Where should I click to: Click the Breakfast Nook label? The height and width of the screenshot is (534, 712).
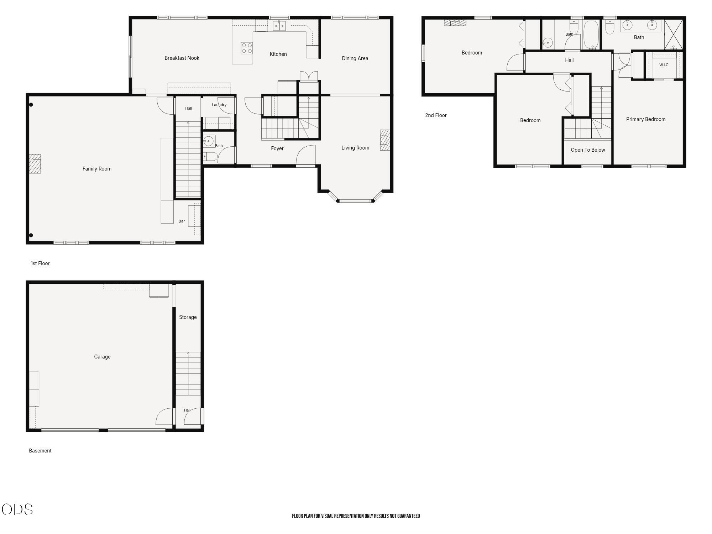[182, 58]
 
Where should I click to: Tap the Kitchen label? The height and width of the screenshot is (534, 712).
[278, 54]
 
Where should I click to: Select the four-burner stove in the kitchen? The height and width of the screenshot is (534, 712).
[247, 48]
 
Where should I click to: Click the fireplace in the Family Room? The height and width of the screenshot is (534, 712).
[35, 164]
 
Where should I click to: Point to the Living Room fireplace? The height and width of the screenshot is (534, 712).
[385, 140]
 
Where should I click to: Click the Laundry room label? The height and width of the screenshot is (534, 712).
[219, 105]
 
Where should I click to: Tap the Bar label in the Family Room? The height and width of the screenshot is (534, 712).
[182, 221]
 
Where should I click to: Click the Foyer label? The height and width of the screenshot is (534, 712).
[277, 148]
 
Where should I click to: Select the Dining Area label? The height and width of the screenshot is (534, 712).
[355, 58]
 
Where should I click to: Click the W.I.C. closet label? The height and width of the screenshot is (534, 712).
[664, 65]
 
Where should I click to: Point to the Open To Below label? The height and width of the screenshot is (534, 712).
[588, 150]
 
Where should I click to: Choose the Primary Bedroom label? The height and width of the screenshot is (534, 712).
[646, 119]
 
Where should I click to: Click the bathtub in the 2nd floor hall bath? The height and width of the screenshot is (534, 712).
[592, 35]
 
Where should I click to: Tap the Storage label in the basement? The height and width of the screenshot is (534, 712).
[188, 317]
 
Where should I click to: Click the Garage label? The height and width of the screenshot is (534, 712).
[102, 357]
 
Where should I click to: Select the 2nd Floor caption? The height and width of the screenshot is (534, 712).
[436, 115]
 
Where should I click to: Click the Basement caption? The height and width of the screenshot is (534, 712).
[40, 451]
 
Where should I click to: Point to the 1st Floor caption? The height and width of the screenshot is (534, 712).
[40, 263]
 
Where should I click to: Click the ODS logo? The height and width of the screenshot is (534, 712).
[17, 509]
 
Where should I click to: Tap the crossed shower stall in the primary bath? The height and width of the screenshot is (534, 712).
[674, 35]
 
